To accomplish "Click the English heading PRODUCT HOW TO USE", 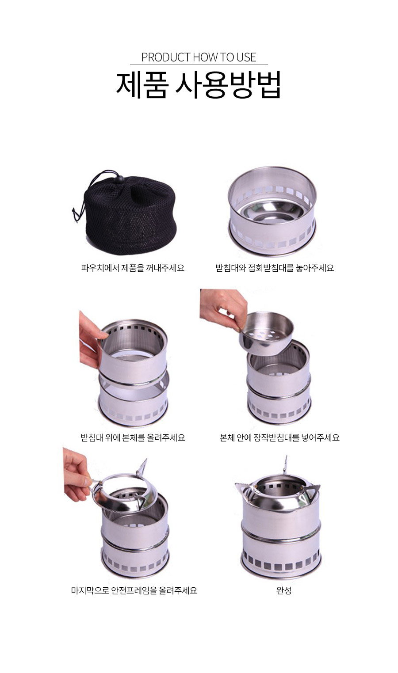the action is (x=199, y=57).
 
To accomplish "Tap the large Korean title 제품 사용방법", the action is (x=199, y=85).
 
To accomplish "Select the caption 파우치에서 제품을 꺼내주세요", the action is (x=133, y=268).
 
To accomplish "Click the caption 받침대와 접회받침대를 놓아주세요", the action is (x=275, y=268).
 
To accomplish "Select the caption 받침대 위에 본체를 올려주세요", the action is (x=133, y=437).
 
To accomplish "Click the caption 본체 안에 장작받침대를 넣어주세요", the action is (x=279, y=437).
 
